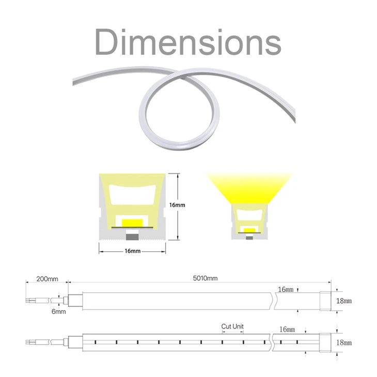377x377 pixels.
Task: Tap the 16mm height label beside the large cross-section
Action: coord(177,205)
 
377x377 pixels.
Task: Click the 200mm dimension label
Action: coord(47,279)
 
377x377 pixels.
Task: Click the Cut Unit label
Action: coord(232,326)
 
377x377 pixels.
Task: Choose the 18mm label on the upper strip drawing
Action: coord(344,301)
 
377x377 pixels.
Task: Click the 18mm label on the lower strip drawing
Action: coord(344,342)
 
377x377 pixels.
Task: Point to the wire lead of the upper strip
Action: coord(44,300)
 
